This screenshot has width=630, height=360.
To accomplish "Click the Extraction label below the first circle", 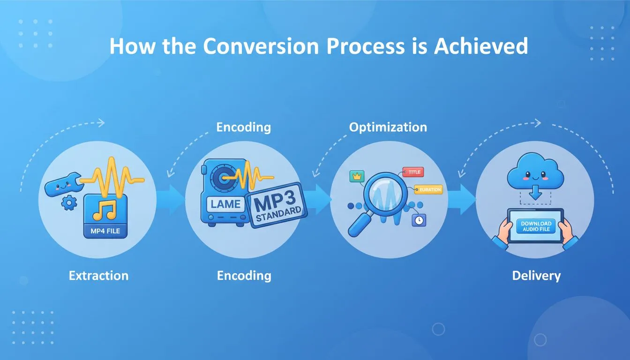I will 98,276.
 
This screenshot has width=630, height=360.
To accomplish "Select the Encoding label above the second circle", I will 243,127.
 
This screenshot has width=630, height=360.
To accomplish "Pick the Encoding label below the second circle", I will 244,276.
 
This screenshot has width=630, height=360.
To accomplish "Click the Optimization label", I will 388,127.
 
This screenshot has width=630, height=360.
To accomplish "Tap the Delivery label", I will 536,276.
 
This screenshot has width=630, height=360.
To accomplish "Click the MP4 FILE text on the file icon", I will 105,231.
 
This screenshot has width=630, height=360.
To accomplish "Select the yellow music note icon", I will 104,210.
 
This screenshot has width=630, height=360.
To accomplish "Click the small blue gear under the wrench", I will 69,203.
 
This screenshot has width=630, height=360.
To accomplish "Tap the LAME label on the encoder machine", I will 226,204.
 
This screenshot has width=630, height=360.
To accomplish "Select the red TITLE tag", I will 413,172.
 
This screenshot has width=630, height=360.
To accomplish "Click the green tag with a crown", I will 357,177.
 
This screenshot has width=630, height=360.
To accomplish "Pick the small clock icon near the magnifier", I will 418,219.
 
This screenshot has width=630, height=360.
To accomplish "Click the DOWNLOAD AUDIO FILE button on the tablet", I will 536,226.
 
